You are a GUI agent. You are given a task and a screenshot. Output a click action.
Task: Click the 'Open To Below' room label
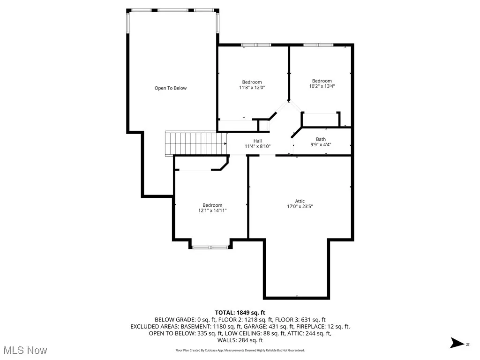171,88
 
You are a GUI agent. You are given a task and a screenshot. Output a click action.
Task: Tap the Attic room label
300,201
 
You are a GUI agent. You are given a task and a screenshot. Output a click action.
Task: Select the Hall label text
258,141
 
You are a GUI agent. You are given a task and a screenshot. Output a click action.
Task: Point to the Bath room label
321,139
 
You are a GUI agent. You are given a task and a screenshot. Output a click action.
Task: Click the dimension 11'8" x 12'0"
252,87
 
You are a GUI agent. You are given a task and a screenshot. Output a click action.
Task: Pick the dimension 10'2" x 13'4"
322,86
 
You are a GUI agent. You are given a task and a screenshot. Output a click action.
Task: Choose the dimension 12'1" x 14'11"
212,210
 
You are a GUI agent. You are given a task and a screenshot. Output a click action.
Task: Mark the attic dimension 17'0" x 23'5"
300,206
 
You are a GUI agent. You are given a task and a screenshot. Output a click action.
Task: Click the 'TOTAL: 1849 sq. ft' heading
240,313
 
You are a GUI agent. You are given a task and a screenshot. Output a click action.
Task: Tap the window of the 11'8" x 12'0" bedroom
256,45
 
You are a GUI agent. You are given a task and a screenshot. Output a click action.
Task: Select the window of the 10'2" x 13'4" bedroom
318,45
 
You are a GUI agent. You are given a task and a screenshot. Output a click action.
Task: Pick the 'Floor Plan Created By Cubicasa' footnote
240,350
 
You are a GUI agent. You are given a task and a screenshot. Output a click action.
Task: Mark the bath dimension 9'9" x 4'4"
321,145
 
